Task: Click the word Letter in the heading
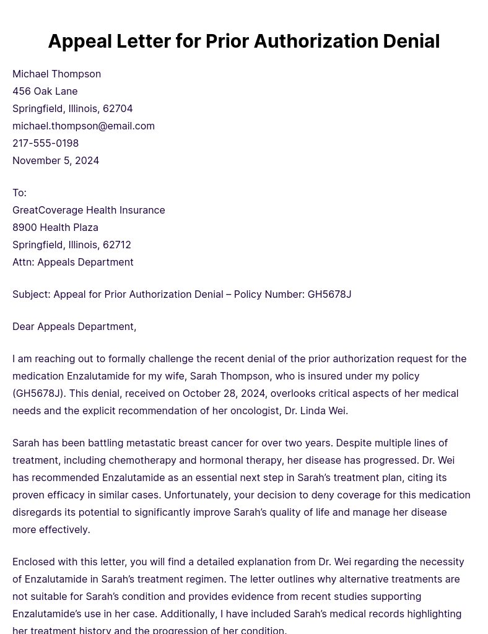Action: tap(141, 41)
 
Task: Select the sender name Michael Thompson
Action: tap(56, 74)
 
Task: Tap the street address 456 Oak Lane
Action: tap(45, 92)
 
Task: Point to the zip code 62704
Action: tap(118, 109)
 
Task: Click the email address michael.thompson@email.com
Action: tap(84, 126)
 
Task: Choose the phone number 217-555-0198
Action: tap(45, 144)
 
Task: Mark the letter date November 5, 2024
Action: tap(56, 161)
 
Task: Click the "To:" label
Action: tap(19, 193)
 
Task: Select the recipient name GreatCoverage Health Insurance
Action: tap(89, 211)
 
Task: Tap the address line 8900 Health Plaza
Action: tap(55, 228)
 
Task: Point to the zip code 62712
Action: tap(117, 245)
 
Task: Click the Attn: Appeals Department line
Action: tap(72, 263)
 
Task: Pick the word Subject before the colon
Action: tap(30, 295)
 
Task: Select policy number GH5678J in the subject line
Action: tap(329, 295)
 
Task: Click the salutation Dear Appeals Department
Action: tap(74, 327)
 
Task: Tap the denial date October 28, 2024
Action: tap(224, 394)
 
